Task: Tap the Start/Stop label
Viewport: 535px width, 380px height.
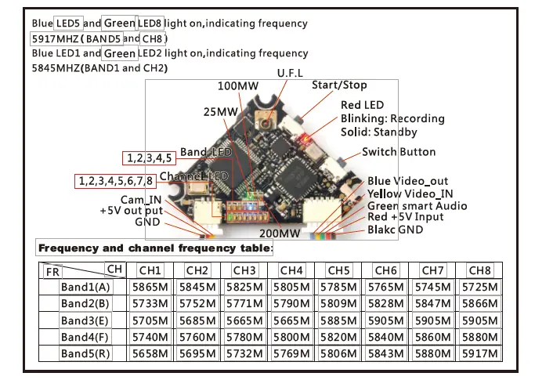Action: (x=339, y=85)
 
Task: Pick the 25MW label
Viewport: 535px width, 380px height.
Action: (x=220, y=112)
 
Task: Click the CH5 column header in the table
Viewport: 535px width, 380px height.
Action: (x=338, y=270)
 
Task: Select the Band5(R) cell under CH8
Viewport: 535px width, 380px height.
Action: (x=479, y=353)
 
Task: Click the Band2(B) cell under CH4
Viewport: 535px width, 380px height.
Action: (x=291, y=303)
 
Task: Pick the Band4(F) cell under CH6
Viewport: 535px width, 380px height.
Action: (x=385, y=336)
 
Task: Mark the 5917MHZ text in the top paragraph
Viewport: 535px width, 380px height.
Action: (x=52, y=38)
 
